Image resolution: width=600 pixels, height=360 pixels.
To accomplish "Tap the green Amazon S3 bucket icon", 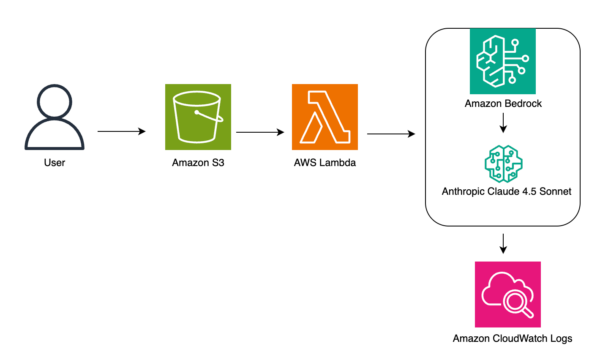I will point(198,118).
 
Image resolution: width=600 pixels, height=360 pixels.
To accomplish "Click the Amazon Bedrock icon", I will point(503,61).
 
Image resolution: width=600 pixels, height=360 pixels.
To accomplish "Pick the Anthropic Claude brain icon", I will point(503,163).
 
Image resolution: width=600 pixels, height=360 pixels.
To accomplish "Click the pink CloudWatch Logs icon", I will point(506,294).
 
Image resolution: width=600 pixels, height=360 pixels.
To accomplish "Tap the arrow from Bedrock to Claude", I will point(503,126).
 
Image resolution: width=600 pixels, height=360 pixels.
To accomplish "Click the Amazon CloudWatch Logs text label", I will point(506,338).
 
